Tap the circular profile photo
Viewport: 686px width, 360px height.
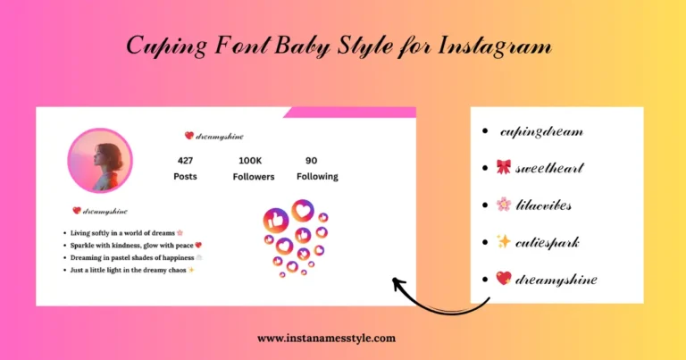99,161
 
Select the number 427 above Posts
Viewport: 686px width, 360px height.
185,161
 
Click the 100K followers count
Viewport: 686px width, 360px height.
249,161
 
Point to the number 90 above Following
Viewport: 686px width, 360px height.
311,161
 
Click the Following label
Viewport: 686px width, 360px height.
317,177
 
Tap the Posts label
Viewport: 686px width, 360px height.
185,177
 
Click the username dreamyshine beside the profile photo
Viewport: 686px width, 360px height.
220,137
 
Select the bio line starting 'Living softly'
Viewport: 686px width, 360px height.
125,232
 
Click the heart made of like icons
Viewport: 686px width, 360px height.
294,237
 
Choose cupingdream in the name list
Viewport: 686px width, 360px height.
540,131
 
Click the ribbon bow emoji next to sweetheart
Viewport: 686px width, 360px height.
503,168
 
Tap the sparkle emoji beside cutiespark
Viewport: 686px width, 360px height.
503,241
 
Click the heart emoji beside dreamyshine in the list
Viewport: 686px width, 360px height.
503,279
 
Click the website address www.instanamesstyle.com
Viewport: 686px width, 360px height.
326,339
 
